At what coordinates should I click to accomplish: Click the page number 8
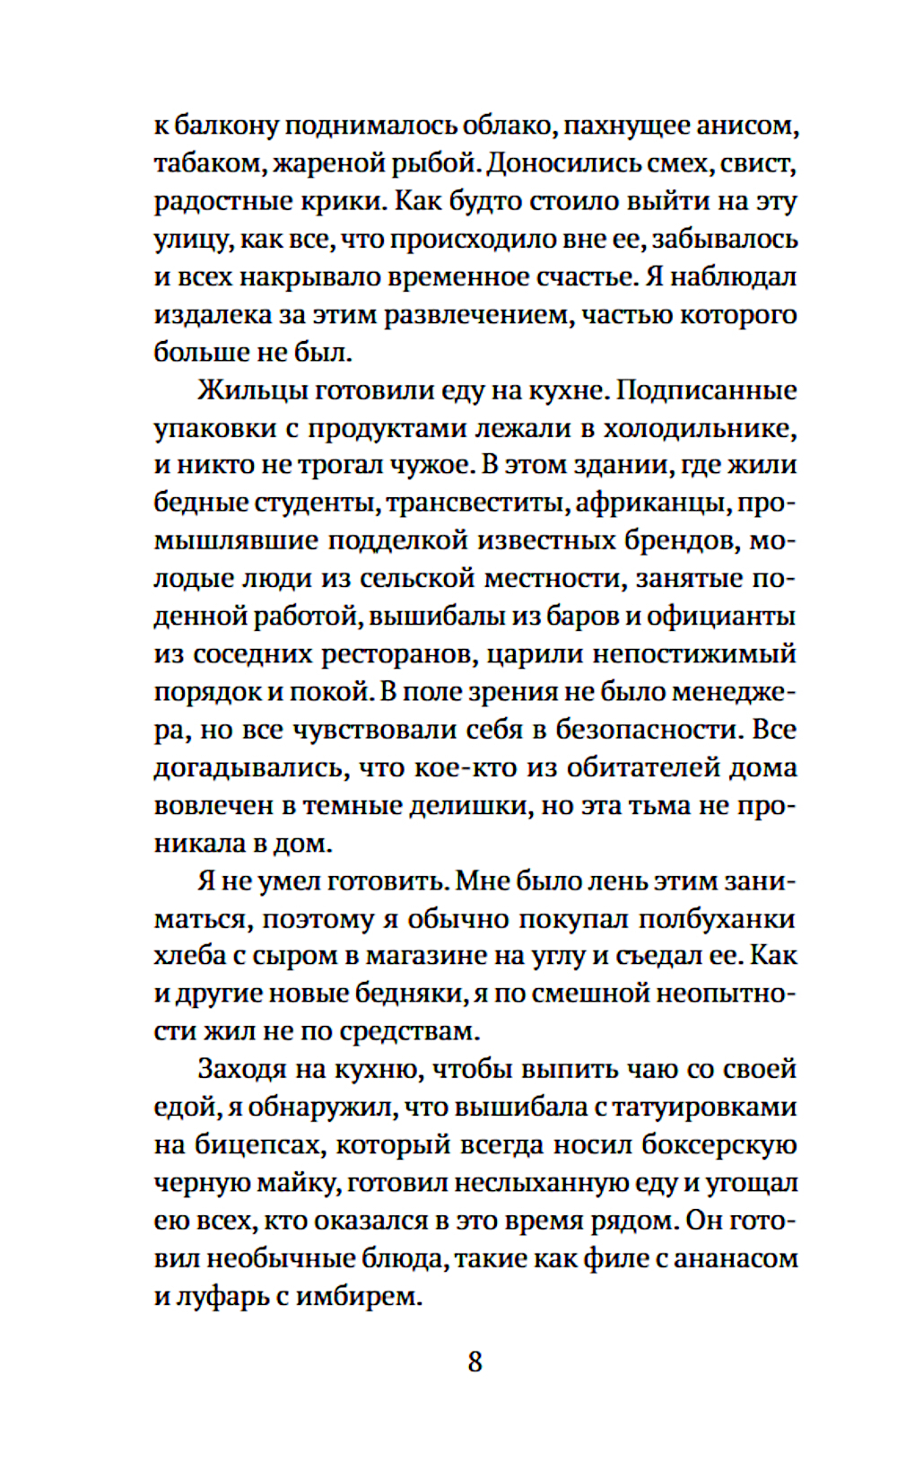475,1362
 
